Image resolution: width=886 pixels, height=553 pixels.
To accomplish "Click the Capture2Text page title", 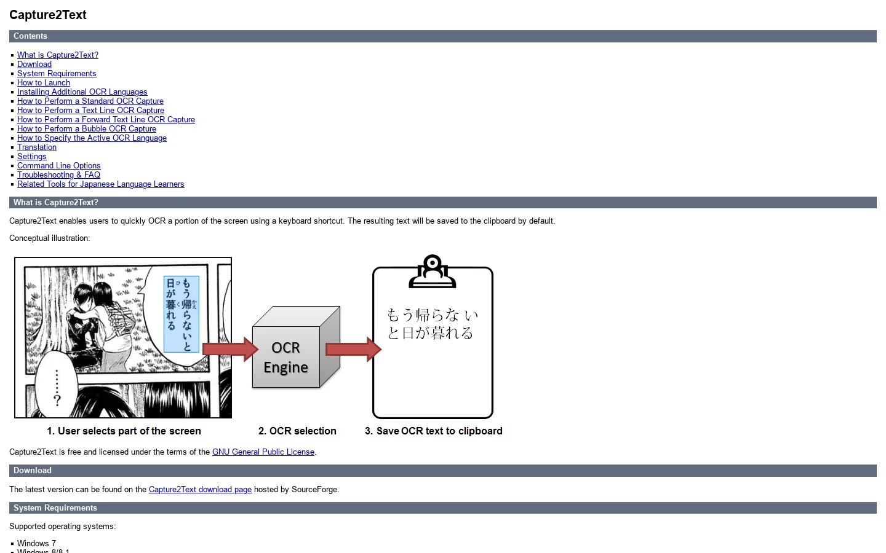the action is pyautogui.click(x=48, y=15).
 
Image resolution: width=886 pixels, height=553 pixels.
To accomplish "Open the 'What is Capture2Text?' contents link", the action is pyautogui.click(x=58, y=55).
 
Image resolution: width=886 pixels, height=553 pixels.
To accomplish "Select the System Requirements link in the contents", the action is pyautogui.click(x=57, y=74).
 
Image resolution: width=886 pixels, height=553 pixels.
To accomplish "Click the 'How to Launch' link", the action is pyautogui.click(x=44, y=82).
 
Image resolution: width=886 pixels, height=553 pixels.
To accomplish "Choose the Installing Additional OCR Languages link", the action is pyautogui.click(x=82, y=92).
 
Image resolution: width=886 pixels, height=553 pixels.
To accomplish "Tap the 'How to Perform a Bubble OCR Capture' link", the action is pyautogui.click(x=87, y=129).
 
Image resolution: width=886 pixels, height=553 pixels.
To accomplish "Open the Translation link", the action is pyautogui.click(x=37, y=147).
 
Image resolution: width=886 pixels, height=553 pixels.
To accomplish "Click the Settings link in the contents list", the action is pyautogui.click(x=31, y=157).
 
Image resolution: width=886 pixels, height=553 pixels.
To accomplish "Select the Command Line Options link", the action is pyautogui.click(x=59, y=165).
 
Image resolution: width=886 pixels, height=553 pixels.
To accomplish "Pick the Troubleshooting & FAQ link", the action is pyautogui.click(x=58, y=175).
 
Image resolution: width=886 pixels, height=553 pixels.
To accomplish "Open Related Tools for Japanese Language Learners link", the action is pyautogui.click(x=100, y=184).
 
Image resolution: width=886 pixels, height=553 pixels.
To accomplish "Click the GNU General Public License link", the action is pyautogui.click(x=263, y=452).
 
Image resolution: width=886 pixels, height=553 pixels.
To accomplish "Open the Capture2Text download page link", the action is pyautogui.click(x=200, y=489).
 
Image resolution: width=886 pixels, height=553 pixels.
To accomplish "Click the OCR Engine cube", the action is pyautogui.click(x=296, y=347).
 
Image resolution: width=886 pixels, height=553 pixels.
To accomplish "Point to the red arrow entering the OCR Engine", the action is pyautogui.click(x=231, y=349).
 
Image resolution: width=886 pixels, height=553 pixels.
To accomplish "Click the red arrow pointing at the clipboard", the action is pyautogui.click(x=354, y=349).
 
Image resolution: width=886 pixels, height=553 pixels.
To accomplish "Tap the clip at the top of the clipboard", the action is pyautogui.click(x=433, y=271).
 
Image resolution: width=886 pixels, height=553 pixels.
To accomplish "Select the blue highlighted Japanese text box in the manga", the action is pyautogui.click(x=181, y=314).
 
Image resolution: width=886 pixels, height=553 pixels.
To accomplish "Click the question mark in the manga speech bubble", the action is pyautogui.click(x=57, y=401).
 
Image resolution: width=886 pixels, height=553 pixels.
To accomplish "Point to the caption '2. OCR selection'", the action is pyautogui.click(x=297, y=431).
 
